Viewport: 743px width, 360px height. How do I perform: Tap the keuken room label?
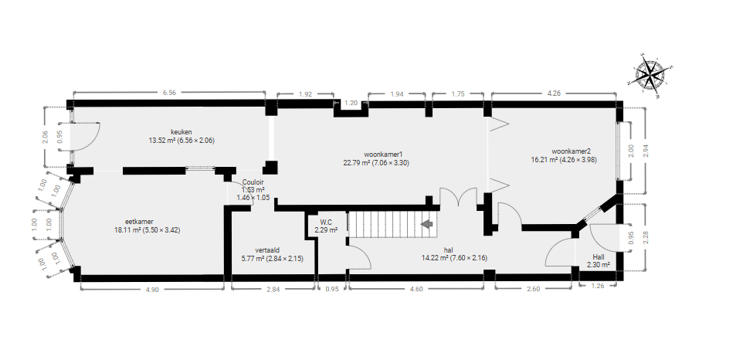coord(182,131)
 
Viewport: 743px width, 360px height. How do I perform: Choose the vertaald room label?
coord(267,250)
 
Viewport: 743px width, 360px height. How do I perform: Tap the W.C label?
coord(326,222)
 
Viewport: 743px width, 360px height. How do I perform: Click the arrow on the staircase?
coord(427,224)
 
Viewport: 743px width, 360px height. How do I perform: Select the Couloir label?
coord(253,182)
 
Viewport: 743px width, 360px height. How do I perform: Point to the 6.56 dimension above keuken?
coord(169,93)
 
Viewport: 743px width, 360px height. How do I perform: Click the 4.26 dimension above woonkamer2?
coord(554,93)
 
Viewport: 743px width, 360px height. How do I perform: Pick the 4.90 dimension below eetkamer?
coord(151,290)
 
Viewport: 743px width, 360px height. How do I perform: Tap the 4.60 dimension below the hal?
coord(416,289)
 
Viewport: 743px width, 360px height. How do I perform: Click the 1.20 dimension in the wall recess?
coord(351,103)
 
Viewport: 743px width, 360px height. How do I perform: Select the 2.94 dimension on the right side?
coord(645,151)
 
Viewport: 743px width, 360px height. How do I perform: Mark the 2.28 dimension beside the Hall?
coord(645,237)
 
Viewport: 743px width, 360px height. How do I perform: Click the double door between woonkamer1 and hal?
coord(458,196)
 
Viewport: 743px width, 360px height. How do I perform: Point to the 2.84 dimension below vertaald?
coord(273,290)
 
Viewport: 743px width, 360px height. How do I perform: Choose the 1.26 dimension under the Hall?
coord(598,286)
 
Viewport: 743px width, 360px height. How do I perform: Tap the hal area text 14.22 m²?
coord(432,258)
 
